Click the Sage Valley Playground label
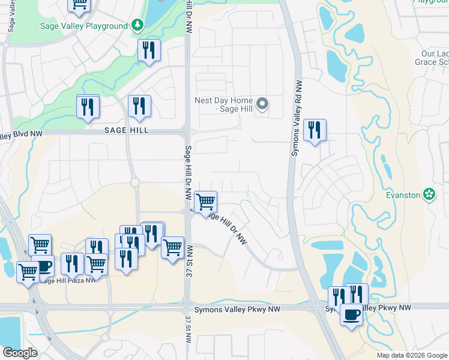click(83, 26)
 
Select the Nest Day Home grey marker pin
click(262, 104)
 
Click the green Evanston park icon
click(429, 194)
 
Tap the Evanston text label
click(403, 194)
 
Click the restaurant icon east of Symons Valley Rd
click(315, 130)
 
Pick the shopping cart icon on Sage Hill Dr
click(206, 202)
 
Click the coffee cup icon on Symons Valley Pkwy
click(351, 314)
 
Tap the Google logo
click(20, 353)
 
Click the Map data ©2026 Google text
click(411, 355)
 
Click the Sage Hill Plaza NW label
click(67, 280)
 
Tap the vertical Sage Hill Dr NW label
click(188, 171)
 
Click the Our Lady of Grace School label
click(435, 58)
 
